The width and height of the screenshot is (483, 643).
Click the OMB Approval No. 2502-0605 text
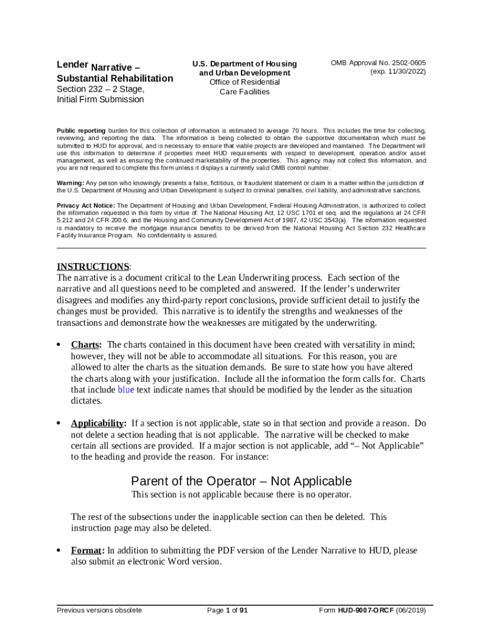coord(378,63)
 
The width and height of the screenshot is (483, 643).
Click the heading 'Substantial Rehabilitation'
coord(115,78)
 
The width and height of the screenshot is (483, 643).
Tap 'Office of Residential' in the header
coord(244,82)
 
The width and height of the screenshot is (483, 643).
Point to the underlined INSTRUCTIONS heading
coord(93,266)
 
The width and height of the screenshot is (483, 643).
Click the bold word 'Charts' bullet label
coord(85,345)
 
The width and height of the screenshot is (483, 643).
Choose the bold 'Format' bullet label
coord(86,551)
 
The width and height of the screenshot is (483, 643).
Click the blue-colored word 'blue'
coord(126,390)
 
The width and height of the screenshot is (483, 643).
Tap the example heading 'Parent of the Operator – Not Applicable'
coord(242,481)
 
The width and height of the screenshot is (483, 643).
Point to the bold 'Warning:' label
coord(71,183)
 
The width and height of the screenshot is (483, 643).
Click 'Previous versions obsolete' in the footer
coord(99,610)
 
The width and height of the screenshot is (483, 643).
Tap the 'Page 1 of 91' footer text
coord(228,610)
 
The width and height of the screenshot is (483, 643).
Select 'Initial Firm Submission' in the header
coord(101,99)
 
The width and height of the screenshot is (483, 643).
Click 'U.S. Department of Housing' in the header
coord(244,64)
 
